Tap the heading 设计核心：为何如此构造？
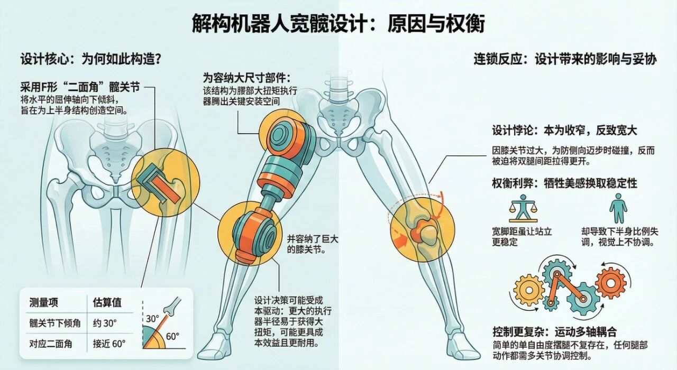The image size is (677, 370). [x=90, y=59]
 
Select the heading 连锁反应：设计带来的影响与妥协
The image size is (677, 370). [x=564, y=59]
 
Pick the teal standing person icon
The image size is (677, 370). [x=618, y=208]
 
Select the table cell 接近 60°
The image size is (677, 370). [x=109, y=344]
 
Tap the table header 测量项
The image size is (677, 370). [x=44, y=303]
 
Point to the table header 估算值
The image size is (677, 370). [x=107, y=303]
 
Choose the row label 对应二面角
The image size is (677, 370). [x=50, y=344]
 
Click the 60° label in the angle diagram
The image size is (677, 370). [x=172, y=336]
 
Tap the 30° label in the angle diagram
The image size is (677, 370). [x=152, y=318]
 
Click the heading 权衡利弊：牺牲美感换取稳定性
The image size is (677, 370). [x=564, y=183]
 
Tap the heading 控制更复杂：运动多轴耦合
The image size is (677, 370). [x=554, y=332]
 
